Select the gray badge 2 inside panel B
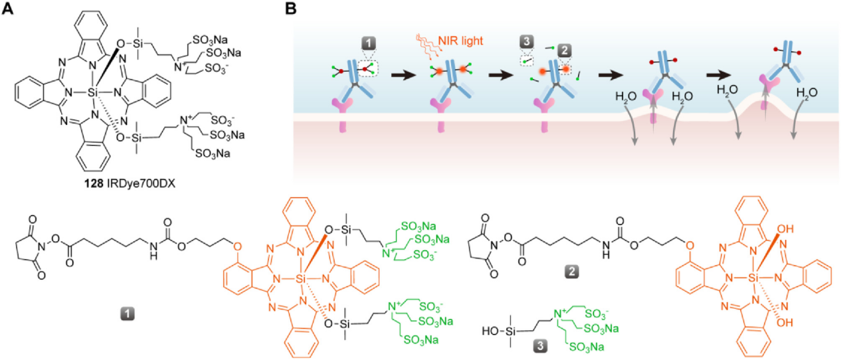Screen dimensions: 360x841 (x=565, y=51)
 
